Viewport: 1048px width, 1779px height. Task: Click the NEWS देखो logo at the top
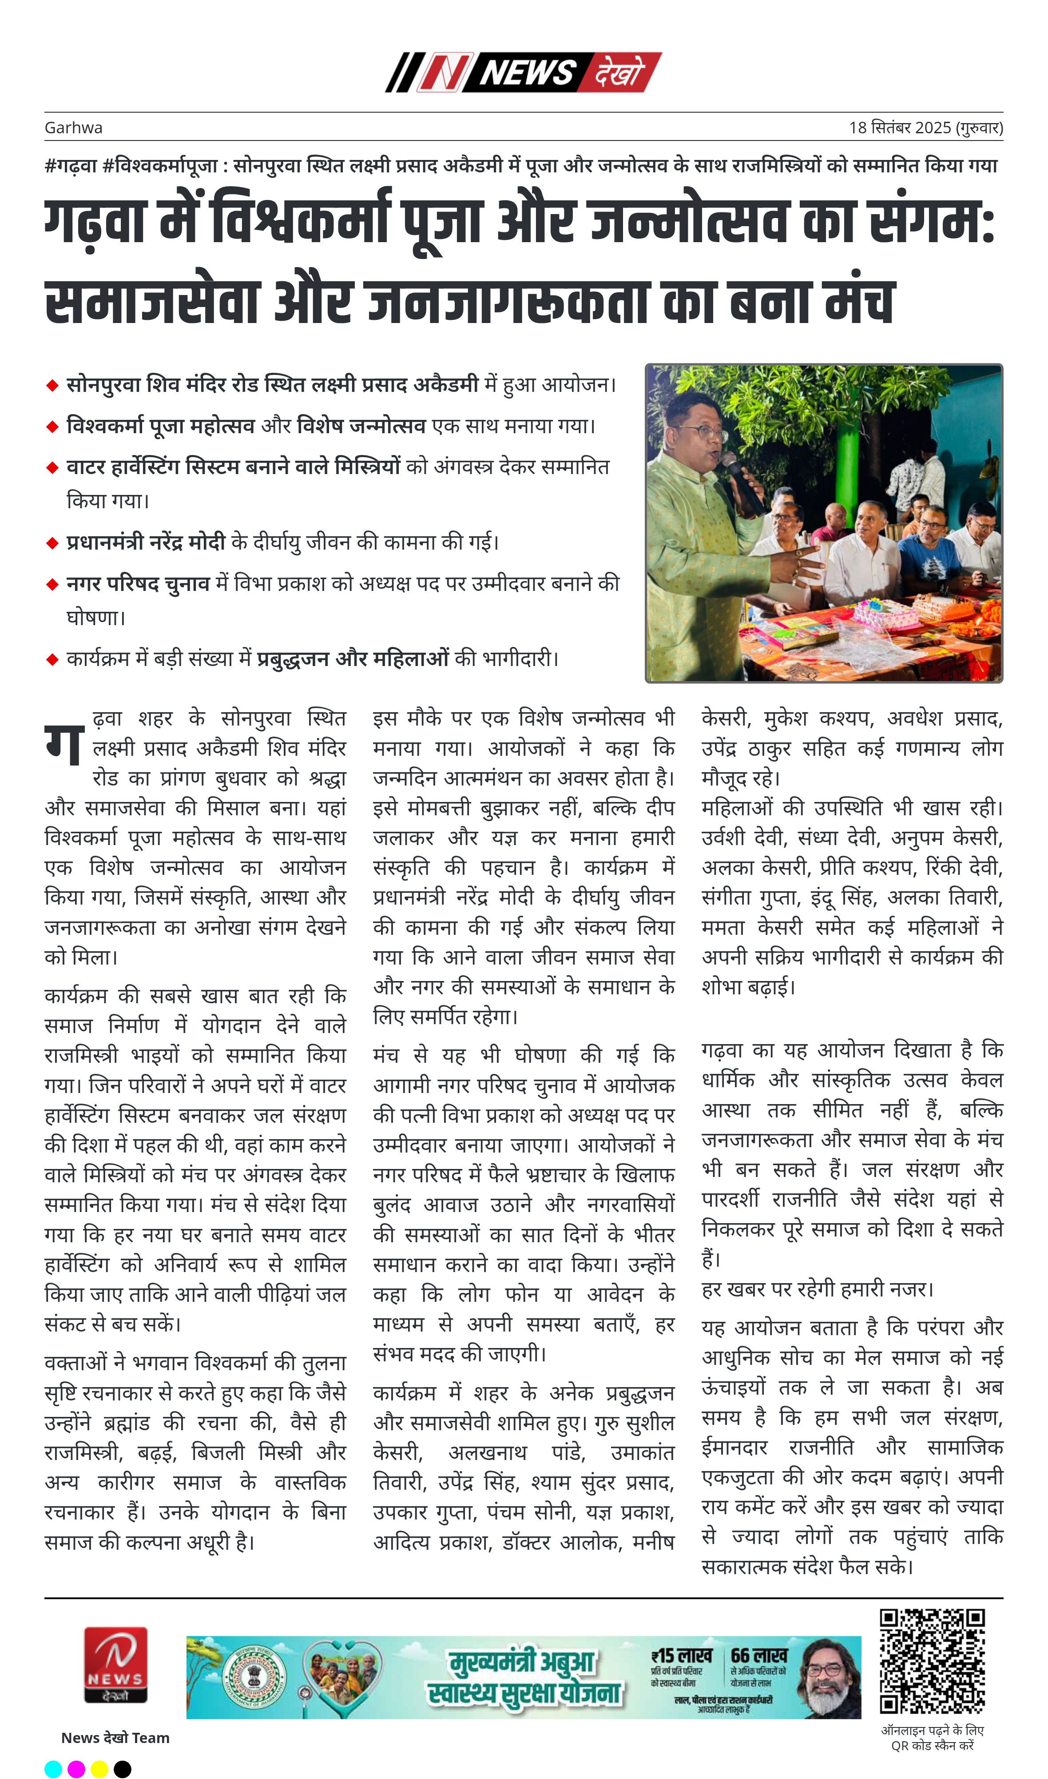[x=523, y=72]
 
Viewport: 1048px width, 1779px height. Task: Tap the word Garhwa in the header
[x=73, y=128]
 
